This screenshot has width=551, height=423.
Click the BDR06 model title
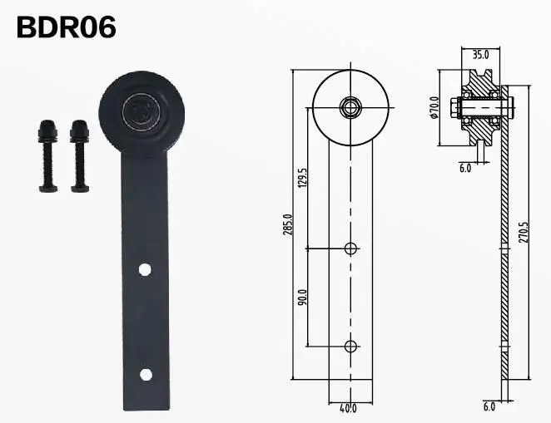click(x=66, y=27)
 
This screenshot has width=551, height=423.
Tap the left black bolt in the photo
click(x=47, y=155)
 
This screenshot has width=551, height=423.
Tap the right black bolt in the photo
click(x=80, y=155)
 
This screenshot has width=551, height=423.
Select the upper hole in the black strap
click(x=145, y=269)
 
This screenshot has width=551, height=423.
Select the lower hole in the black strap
click(x=146, y=375)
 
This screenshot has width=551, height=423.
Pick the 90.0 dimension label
click(x=302, y=297)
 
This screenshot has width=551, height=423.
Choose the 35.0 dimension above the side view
click(x=480, y=55)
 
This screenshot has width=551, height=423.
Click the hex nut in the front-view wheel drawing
click(x=350, y=106)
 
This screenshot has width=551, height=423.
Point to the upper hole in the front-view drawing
click(x=350, y=248)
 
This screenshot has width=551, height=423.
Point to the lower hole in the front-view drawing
click(x=350, y=346)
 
